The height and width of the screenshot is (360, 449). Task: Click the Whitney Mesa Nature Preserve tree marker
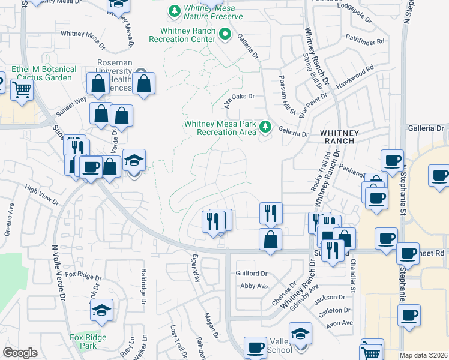coord(175,11)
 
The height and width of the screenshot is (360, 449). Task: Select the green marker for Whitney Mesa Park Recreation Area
coord(265,127)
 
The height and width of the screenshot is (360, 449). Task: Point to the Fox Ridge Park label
coord(88,342)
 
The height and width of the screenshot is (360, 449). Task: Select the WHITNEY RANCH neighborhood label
coord(340,137)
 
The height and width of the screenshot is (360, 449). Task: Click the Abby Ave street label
coord(253,286)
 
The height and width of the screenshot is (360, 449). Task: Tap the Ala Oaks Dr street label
coord(240,97)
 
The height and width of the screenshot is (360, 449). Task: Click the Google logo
coord(20,353)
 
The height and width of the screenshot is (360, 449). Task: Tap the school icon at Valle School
coord(300,334)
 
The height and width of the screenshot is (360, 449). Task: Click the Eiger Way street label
coord(195,270)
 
